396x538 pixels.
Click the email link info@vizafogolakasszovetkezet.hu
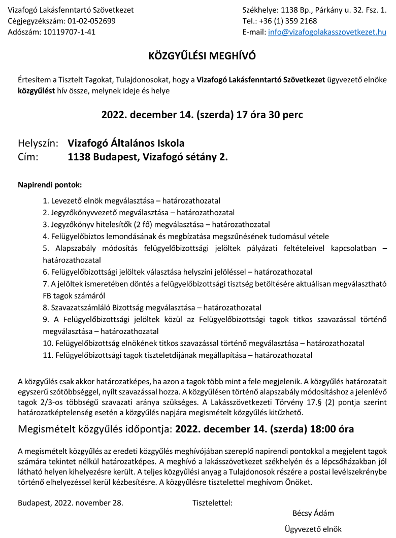[x=327, y=32]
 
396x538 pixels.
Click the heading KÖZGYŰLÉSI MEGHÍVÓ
[x=202, y=56]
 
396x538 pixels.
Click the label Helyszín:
[x=39, y=143]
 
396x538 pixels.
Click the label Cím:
[x=29, y=157]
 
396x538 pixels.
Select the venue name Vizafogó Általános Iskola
[x=126, y=143]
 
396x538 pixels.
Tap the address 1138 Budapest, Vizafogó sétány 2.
[x=148, y=157]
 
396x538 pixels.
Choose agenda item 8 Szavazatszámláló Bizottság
[x=152, y=307]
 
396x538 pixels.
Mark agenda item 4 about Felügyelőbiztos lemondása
[x=186, y=236]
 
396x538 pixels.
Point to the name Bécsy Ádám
[x=313, y=513]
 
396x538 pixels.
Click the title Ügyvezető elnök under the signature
[x=313, y=529]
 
